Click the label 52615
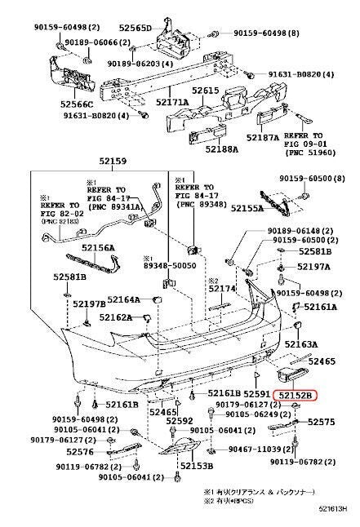point(206,91)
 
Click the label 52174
point(221,288)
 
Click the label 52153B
point(196,465)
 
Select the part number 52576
point(80,451)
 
